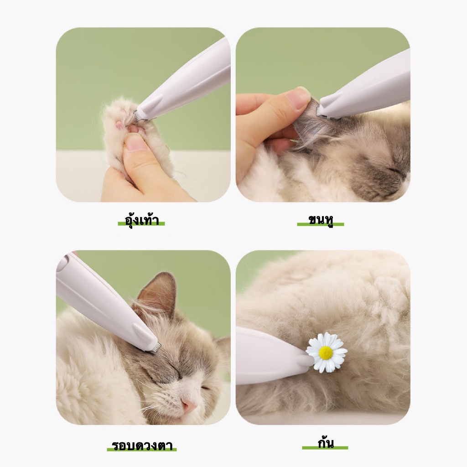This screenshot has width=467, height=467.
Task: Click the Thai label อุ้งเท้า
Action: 142,220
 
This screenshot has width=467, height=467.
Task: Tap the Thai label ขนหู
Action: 321,220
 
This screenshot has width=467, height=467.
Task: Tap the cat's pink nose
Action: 190,404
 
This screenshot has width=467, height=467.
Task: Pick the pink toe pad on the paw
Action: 120,125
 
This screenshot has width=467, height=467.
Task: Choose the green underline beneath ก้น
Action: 325,448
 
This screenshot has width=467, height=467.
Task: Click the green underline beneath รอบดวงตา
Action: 142,449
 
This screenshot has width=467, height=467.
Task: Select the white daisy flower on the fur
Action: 326,353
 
